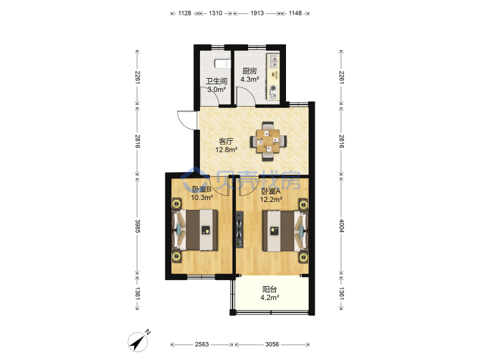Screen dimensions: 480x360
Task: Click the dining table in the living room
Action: [268, 141]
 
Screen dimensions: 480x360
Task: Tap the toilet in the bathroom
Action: [222, 63]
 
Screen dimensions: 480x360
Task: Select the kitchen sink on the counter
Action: [273, 61]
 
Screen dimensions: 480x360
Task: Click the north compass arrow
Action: [139, 341]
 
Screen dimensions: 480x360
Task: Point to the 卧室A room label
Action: [271, 191]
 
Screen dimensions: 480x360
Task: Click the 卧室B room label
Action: [201, 189]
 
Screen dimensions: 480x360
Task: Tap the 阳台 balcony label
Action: [269, 289]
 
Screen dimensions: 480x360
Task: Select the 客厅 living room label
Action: [226, 141]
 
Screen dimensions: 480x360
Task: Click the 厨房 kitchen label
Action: [249, 71]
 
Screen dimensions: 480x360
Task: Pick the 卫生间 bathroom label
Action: [217, 81]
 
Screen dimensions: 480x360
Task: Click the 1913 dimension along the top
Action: [257, 13]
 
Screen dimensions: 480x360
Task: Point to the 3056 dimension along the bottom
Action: [272, 345]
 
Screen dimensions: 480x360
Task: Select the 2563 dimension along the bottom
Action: [202, 345]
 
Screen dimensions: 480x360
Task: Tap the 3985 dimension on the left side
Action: [137, 226]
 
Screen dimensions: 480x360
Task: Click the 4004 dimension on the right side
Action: [341, 225]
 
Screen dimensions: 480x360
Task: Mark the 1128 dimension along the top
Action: [185, 13]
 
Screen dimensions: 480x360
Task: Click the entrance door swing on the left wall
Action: [187, 119]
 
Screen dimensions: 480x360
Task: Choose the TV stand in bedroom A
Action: [239, 229]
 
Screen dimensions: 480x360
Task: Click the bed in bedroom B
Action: [195, 230]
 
